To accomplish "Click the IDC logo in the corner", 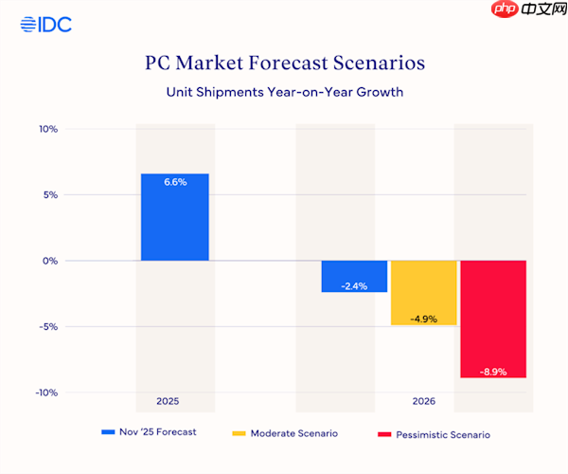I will coord(45,25).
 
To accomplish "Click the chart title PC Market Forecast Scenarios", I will coord(284,64).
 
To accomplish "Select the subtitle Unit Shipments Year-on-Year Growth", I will coord(284,92).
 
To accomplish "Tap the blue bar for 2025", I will coord(175,217).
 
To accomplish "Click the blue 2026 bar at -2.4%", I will coord(354,276).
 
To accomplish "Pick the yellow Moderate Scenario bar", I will coord(423,293).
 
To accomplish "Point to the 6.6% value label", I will coord(175,182).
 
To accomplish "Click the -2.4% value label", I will coord(354,285).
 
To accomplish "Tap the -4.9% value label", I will coord(423,319).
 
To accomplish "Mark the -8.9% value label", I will coord(493,372).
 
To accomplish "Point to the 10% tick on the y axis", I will coord(47,129).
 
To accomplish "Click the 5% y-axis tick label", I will coord(49,194).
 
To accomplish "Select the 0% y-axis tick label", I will coord(49,261).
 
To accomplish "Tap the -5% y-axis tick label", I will coord(47,326).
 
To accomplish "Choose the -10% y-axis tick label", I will coord(45,392).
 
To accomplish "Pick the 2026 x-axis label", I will coord(423,402).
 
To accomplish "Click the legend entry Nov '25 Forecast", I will coord(152,432).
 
